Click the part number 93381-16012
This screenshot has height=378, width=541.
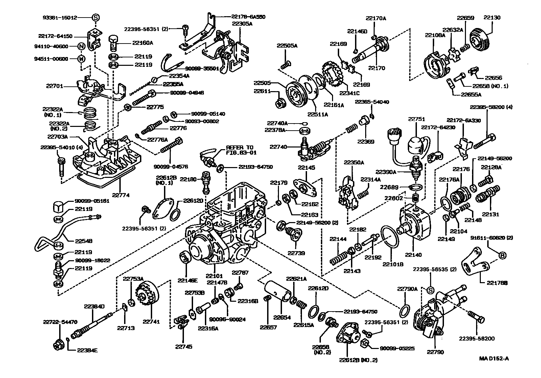[60, 17]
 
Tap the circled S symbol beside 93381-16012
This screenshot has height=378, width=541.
[96, 17]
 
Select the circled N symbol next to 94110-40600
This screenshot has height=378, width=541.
[81, 47]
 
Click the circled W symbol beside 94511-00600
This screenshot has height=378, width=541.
[81, 59]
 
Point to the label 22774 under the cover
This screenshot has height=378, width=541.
[121, 195]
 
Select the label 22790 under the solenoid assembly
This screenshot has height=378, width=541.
[435, 352]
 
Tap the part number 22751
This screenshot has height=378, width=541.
[416, 119]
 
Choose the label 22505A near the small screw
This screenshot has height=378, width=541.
[287, 46]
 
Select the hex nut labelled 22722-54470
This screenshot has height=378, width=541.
[57, 345]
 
